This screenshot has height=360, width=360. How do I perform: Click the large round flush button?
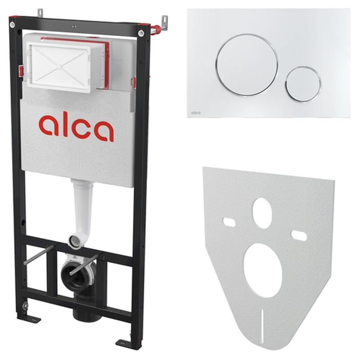pos(247,65)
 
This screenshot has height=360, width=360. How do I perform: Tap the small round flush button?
pos(303,84)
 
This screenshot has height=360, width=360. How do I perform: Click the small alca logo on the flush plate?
pos(196,112)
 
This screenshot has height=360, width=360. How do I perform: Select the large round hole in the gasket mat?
pos(263,270)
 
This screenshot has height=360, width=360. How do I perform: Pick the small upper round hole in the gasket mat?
pos(262,213)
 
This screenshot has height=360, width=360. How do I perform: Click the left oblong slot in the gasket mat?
pos(229,222)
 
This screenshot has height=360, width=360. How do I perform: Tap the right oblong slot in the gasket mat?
pos(299,235)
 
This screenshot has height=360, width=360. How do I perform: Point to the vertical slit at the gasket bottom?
pos(262,326)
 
